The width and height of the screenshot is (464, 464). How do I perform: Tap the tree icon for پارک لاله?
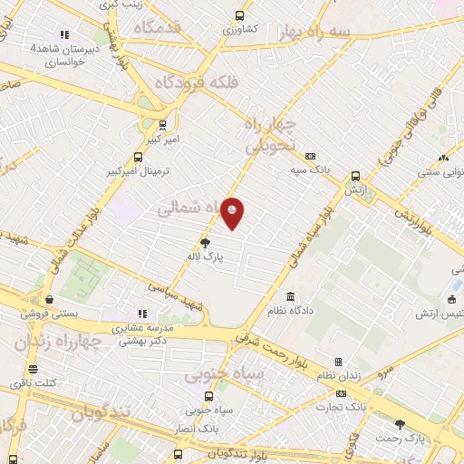click(x=205, y=242)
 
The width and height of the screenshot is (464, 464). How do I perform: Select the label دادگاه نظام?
click(x=290, y=310)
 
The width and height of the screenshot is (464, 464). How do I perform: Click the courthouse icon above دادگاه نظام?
click(x=290, y=296)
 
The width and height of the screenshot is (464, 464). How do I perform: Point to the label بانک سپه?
click(x=310, y=169)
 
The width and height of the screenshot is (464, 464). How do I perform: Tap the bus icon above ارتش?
click(x=354, y=177)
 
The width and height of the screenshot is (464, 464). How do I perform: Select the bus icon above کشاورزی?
click(x=239, y=15)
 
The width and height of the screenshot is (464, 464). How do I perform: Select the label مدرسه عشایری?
click(x=140, y=327)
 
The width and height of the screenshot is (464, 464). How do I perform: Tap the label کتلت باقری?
click(x=33, y=382)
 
